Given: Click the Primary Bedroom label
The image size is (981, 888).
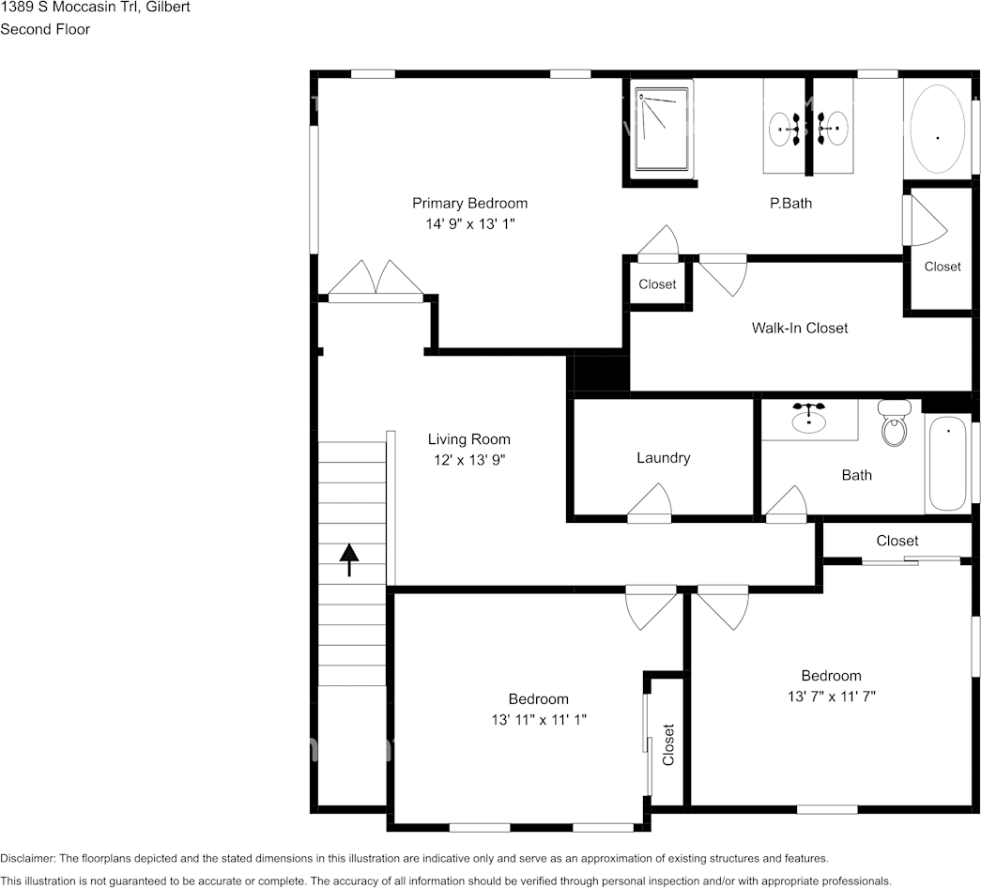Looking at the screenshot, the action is [470, 204].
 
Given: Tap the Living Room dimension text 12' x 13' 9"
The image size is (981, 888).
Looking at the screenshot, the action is [469, 460].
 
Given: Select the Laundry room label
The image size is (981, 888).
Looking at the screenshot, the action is [663, 458].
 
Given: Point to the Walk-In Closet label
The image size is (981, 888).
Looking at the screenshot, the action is [800, 328].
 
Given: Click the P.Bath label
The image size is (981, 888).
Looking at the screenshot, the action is [790, 204].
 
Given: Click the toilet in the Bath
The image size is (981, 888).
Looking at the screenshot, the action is [895, 422].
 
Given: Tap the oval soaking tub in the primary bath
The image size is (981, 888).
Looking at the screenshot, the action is [937, 129].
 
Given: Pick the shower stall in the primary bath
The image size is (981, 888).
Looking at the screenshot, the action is [661, 130].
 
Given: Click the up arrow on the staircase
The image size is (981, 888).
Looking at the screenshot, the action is [349, 559].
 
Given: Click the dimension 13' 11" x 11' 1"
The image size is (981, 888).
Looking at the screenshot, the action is [539, 720].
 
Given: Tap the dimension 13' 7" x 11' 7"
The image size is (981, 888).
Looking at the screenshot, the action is [832, 696].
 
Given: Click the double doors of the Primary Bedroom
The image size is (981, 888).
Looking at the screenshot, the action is [376, 281].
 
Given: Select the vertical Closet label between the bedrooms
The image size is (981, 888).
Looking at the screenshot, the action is [668, 744].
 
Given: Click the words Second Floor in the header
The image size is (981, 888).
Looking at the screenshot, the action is [45, 29].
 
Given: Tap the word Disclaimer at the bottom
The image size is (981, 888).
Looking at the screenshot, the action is [27, 859].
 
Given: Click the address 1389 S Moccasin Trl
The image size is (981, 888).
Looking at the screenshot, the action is [69, 8].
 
